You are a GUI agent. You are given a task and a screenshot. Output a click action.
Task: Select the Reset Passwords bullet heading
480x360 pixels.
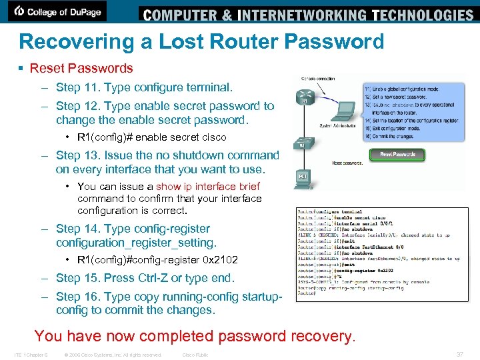click(x=81, y=68)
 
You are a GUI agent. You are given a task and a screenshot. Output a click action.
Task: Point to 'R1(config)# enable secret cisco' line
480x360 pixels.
click(x=151, y=137)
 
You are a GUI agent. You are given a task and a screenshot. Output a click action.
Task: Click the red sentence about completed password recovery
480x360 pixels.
click(x=195, y=335)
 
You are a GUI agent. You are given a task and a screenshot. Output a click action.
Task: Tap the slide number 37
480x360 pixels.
click(x=460, y=354)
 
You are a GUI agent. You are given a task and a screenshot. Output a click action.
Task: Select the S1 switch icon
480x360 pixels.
click(x=303, y=143)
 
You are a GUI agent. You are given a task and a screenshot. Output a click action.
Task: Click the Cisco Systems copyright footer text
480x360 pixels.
click(x=112, y=355)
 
